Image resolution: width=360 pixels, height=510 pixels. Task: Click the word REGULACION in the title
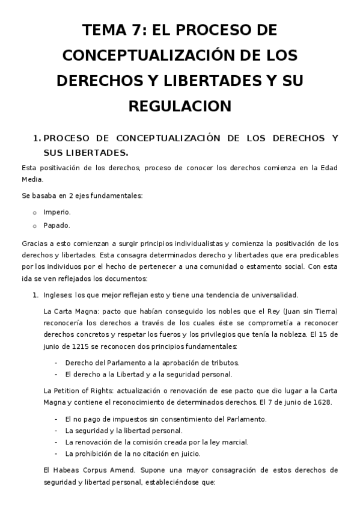(x=180, y=106)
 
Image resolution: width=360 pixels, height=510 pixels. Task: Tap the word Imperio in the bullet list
(x=57, y=212)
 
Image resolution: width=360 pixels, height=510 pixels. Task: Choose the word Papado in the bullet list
(x=56, y=226)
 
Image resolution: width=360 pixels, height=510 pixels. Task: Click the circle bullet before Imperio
(x=35, y=212)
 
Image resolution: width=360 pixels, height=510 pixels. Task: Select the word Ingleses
(x=59, y=295)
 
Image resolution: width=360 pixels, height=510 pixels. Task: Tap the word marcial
(x=234, y=442)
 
